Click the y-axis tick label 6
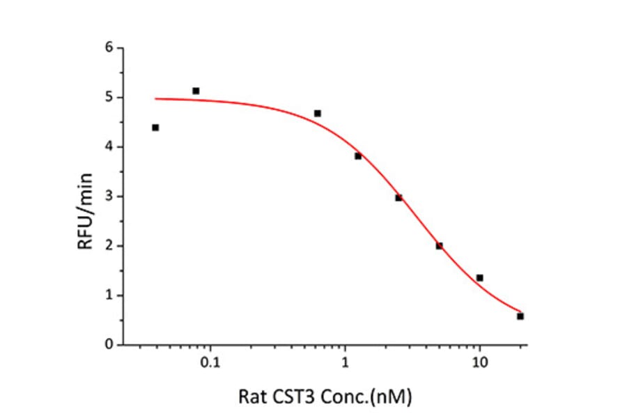coord(108,48)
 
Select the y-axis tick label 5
coord(108,98)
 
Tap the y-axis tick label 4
coord(108,147)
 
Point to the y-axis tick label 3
coord(108,197)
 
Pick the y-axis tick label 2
coord(108,246)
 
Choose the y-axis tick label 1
coord(108,296)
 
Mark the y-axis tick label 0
coord(108,345)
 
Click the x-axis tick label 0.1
coord(210,363)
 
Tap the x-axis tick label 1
coord(345,363)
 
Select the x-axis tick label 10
coord(479,363)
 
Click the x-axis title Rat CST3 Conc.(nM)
coord(325,397)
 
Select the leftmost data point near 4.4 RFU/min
coord(155,128)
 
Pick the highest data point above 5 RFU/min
coord(196,91)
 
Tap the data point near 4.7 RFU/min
coord(317,113)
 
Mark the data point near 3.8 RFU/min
coord(358,156)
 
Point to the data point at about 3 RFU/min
coord(398,198)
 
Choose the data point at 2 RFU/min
coord(439,245)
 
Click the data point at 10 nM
coord(479,278)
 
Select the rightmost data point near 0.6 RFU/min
coord(520,316)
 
